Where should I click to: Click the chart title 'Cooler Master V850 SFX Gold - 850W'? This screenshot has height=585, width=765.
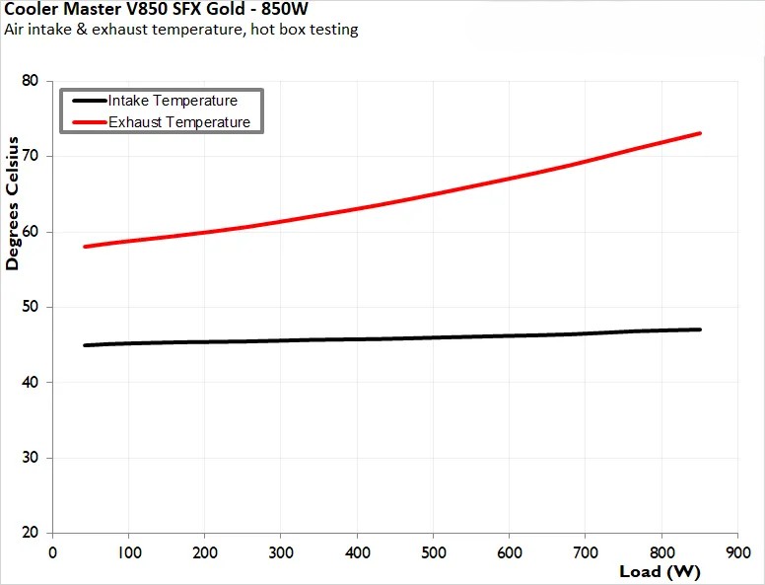coord(156,10)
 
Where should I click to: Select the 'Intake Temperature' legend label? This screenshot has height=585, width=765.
coord(173,101)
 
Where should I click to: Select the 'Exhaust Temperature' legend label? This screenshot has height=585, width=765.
coord(178,122)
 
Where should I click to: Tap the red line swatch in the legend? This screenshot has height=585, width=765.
coord(84,122)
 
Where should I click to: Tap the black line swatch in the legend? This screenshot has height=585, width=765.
coord(84,101)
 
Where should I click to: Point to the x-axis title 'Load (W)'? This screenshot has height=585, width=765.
coord(660,571)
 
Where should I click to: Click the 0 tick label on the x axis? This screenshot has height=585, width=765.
coord(53,552)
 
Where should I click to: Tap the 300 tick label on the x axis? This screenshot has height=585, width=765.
coord(281,552)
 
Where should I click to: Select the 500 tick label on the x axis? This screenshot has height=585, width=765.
coord(433,552)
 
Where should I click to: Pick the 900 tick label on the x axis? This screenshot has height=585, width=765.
coord(737,552)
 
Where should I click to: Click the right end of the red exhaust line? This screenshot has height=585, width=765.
coord(699,133)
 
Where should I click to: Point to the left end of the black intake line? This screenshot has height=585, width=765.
coord(86,345)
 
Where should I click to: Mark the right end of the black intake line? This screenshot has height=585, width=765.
coord(699,329)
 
